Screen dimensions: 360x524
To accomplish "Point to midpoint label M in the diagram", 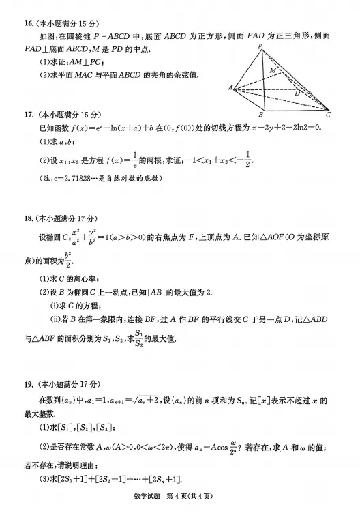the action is click(x=273, y=70).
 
